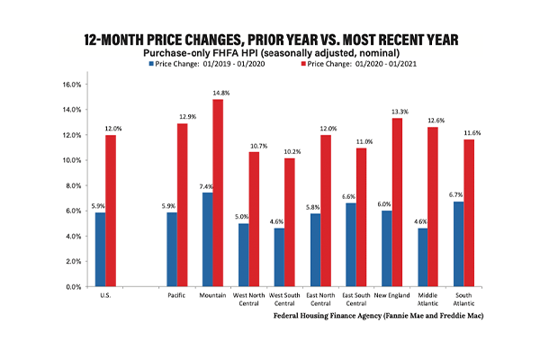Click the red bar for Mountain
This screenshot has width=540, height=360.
(218, 193)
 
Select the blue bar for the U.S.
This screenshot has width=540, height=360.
(100, 250)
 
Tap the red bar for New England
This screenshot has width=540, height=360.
(397, 202)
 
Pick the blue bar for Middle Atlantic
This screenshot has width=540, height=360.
(423, 257)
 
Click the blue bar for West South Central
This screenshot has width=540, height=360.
(279, 257)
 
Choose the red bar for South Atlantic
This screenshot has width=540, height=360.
(469, 213)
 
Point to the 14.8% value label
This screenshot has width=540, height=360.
(221, 93)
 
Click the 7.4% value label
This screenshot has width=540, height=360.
(206, 186)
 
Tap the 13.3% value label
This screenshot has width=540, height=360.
(400, 112)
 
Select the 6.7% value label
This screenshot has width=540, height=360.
(455, 195)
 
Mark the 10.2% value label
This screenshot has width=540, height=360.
(292, 151)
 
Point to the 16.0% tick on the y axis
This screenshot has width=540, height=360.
(72, 85)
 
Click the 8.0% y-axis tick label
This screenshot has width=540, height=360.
(74, 185)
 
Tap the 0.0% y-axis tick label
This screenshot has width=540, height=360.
(74, 287)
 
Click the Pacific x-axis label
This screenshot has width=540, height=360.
(176, 295)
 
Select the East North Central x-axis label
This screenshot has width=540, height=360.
(320, 300)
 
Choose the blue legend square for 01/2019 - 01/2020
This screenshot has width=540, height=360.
(151, 64)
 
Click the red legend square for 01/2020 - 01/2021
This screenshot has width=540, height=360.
(303, 64)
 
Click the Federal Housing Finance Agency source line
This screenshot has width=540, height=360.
(379, 316)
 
